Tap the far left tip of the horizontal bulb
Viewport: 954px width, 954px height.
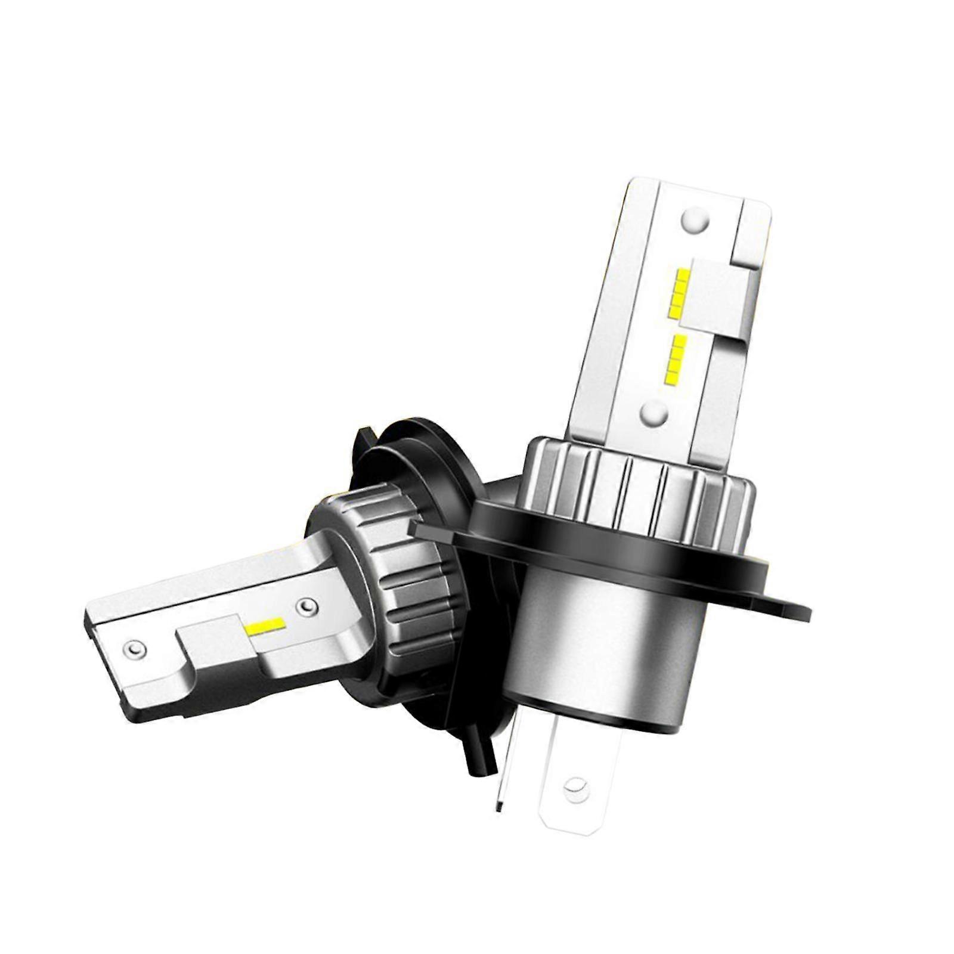(89, 617)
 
